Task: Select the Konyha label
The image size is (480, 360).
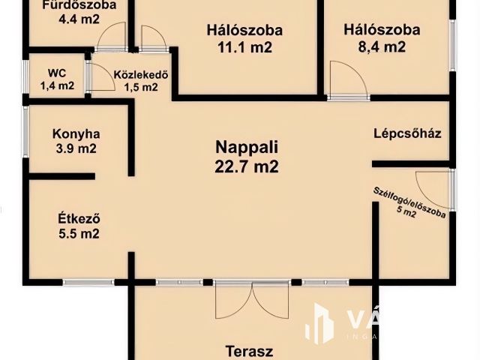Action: [x=76, y=134]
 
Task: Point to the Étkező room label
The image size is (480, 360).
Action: [x=79, y=219]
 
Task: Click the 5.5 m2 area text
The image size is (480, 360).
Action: [x=79, y=234]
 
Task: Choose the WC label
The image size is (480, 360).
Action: [x=56, y=73]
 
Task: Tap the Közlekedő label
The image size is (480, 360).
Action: [x=140, y=74]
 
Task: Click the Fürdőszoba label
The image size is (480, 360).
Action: [x=79, y=6]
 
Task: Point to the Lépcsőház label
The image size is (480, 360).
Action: [x=407, y=134]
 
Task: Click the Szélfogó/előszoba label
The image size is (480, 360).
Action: [x=410, y=203]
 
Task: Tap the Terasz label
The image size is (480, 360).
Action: [x=249, y=350]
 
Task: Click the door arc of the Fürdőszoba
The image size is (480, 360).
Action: [x=114, y=35]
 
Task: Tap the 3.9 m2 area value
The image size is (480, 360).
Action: [x=76, y=148]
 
